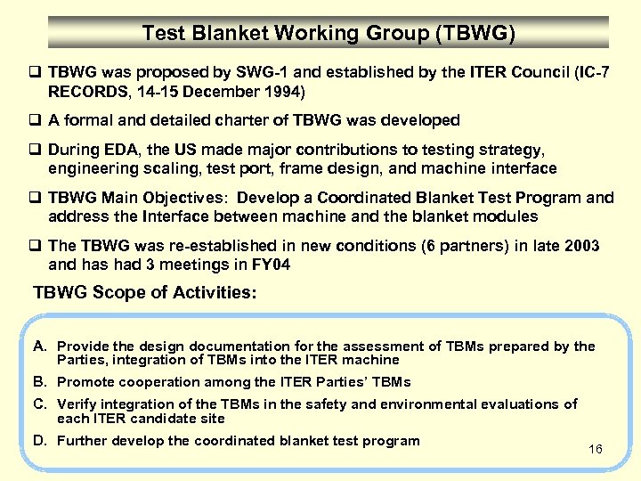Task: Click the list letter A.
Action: tap(40, 346)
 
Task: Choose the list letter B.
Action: tap(40, 381)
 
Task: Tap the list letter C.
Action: tap(40, 404)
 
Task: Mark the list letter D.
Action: tap(40, 440)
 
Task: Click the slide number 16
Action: tap(596, 449)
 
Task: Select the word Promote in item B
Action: tap(85, 382)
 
